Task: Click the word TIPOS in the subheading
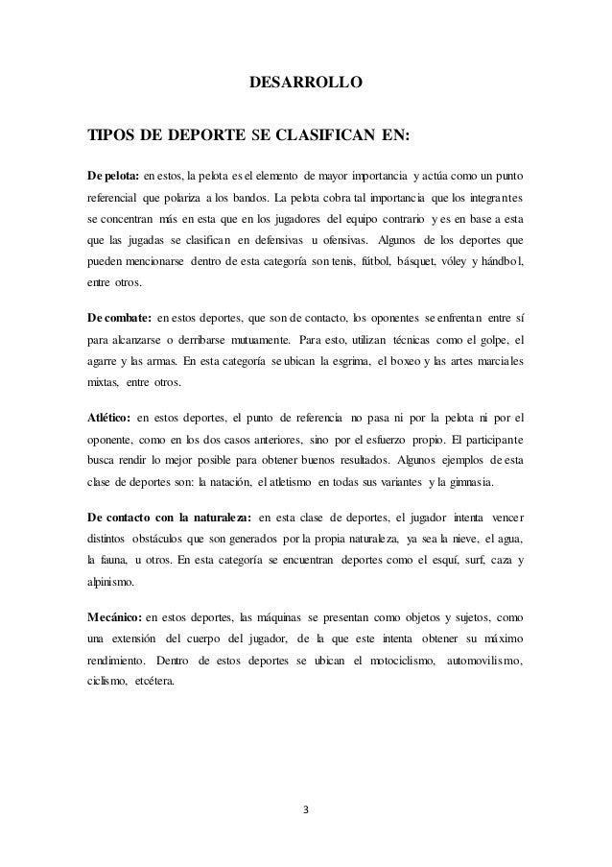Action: click(108, 135)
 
